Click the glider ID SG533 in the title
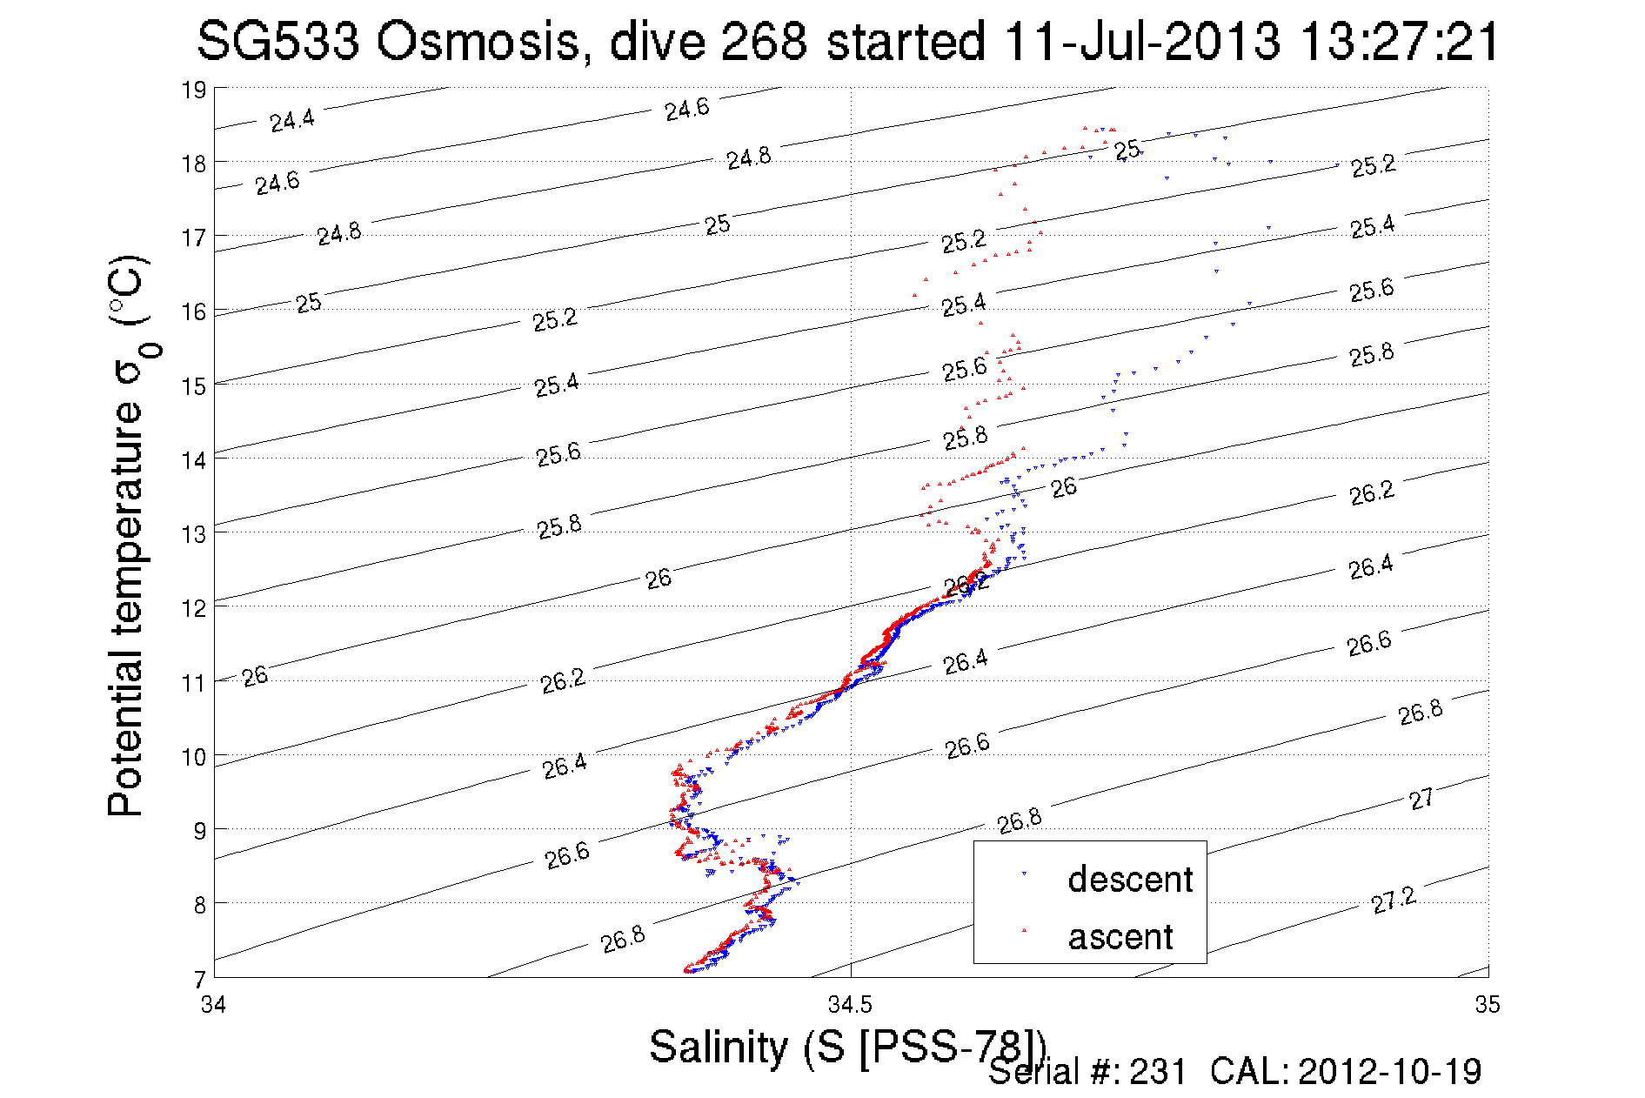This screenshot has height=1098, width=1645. coord(278,41)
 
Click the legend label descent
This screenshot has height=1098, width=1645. coord(1129,880)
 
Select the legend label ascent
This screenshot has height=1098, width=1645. coord(1120,937)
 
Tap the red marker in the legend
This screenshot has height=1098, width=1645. coord(1024,931)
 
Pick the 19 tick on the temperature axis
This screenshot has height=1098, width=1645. coord(194,90)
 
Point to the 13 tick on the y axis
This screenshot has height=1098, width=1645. coord(194,534)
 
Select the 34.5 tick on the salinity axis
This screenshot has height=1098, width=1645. coord(850,1006)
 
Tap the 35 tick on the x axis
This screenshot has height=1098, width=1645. coord(1488,1006)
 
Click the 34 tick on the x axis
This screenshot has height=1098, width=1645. coord(214,1006)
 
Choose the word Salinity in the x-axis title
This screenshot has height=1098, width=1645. coord(718,1047)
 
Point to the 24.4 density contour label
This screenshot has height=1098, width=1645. coord(292,120)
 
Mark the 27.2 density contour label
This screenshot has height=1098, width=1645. coord(1394,900)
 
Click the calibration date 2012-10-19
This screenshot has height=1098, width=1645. coord(1389,1072)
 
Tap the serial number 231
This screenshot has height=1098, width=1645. coord(1158,1072)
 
